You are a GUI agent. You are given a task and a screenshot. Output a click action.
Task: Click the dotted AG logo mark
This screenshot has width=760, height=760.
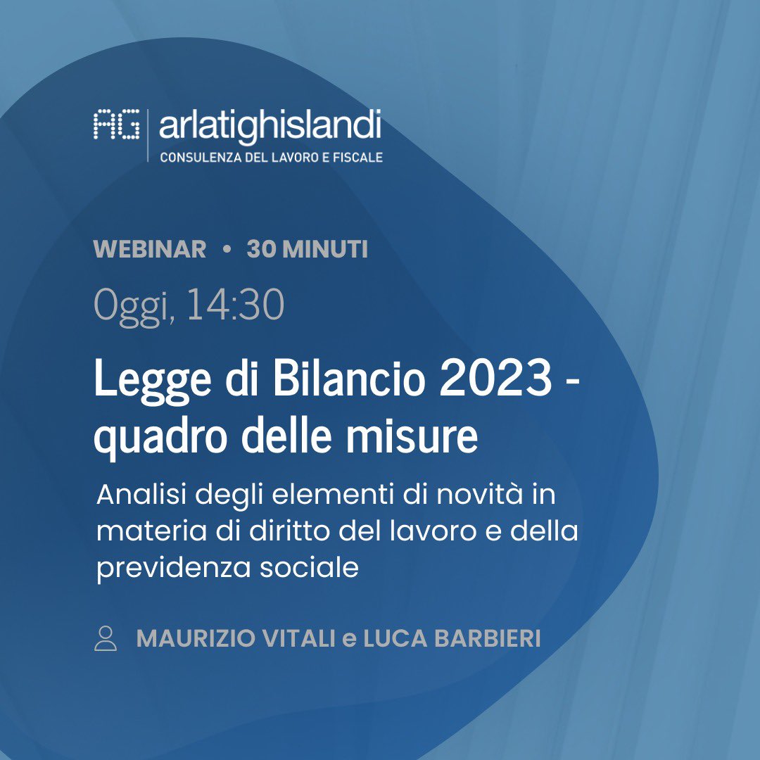tap(116, 125)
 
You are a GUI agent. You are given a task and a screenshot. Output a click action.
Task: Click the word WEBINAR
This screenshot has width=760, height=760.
tap(150, 249)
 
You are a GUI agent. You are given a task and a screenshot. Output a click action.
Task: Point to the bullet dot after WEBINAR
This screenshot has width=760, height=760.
tap(227, 250)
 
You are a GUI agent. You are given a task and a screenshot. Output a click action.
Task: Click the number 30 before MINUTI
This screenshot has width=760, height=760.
tap(261, 249)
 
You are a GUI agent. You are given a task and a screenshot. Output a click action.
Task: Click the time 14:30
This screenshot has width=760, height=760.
tap(236, 305)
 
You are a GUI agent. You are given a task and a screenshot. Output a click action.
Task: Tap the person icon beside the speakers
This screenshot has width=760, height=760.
tap(106, 638)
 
